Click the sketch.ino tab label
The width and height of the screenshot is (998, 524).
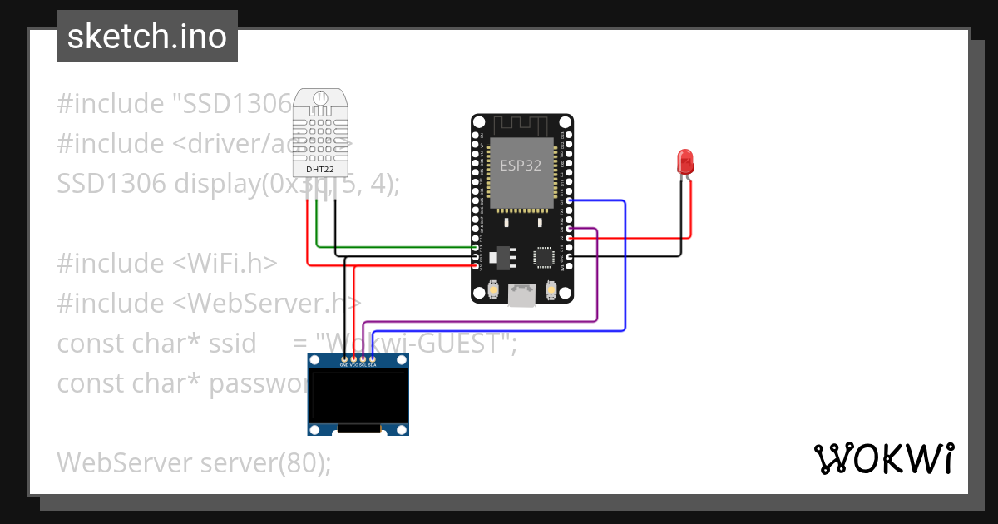coord(146,37)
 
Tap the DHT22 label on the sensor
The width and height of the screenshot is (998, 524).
coord(320,168)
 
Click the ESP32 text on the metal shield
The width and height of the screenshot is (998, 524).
coord(521,166)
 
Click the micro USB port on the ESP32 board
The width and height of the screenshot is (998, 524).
coord(521,294)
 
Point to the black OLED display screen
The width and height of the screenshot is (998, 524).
coord(358,396)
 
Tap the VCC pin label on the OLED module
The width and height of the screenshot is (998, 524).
coord(353,364)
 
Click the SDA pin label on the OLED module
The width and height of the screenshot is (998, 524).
coord(373,364)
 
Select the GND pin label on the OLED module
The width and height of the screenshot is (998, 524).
coord(343,364)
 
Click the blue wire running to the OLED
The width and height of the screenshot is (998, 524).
coord(624,266)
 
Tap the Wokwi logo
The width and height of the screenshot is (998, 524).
coord(883,458)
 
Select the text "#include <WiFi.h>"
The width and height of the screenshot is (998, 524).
coord(166,263)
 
